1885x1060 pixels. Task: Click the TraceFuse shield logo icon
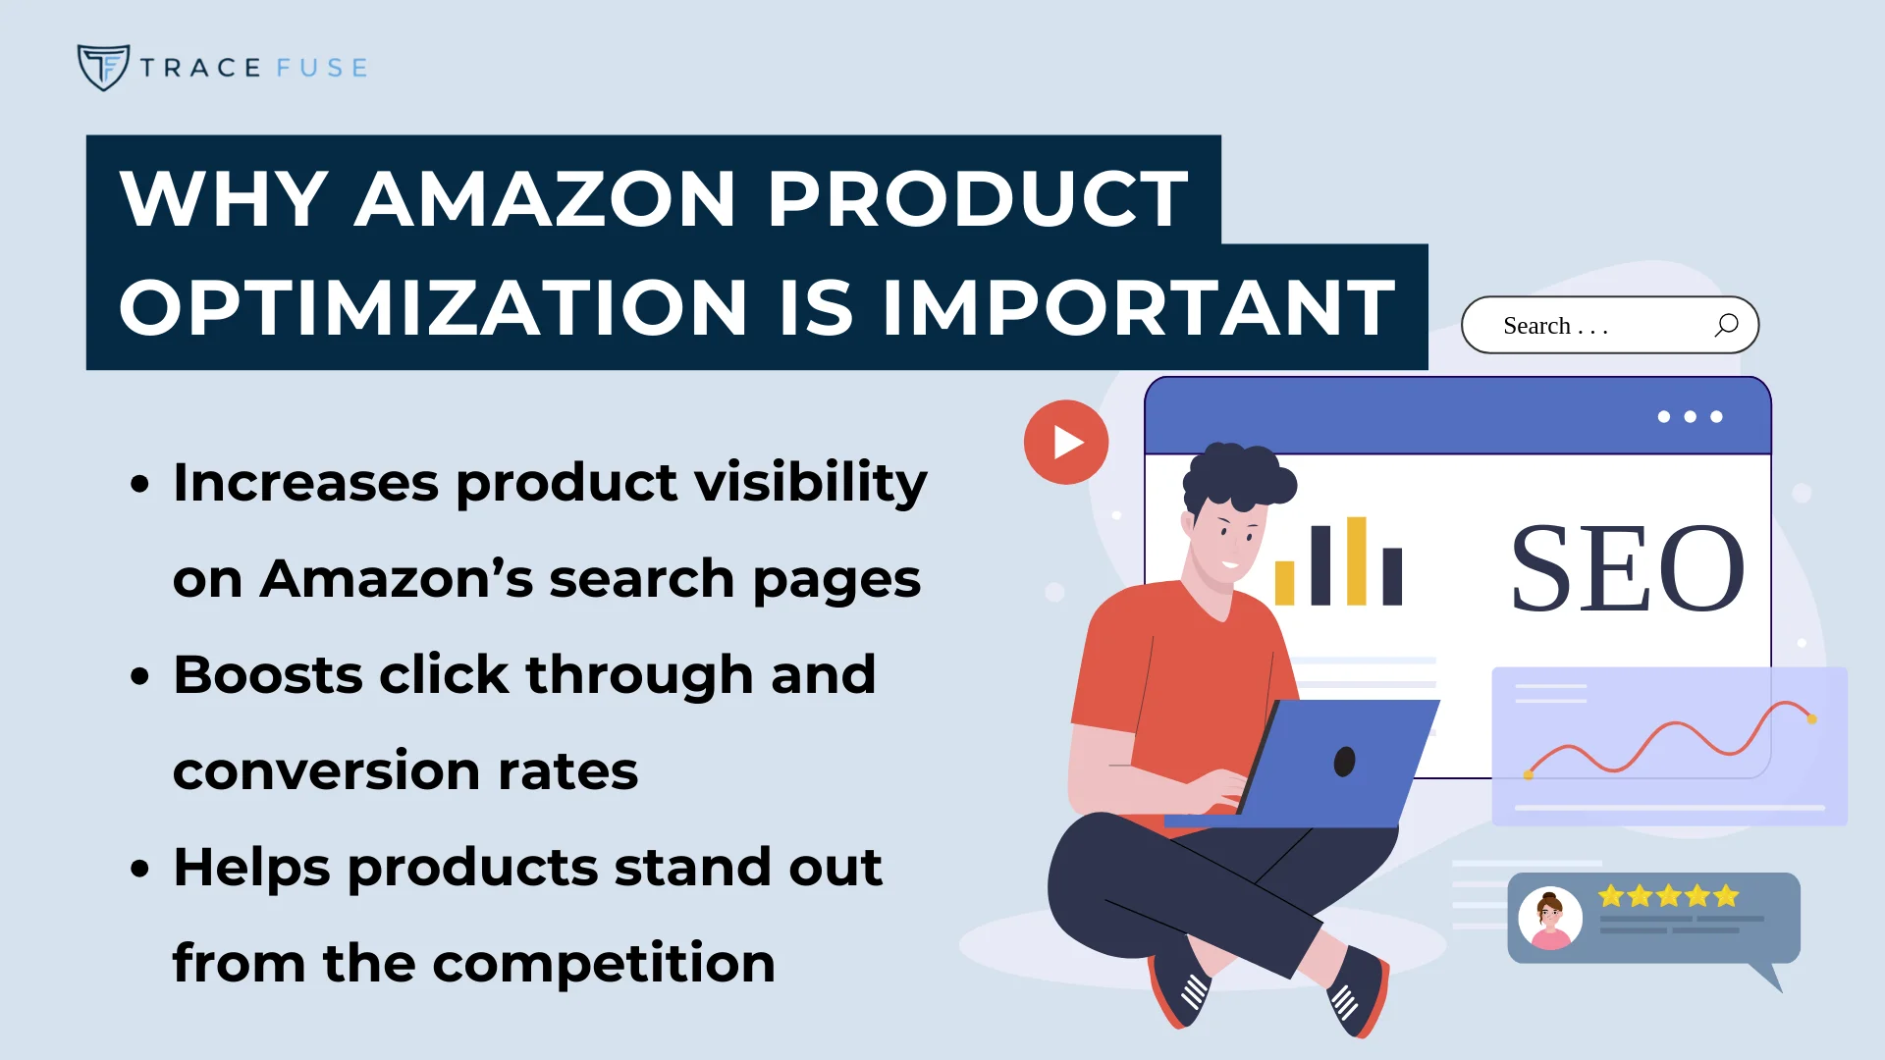pos(103,67)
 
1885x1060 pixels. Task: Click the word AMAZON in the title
pos(545,199)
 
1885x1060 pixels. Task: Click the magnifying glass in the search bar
pos(1726,325)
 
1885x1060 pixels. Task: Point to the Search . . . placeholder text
pos(1555,326)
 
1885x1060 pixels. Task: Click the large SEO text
pos(1627,568)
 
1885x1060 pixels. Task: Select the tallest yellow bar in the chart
pos(1356,560)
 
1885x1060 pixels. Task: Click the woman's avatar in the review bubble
pos(1550,919)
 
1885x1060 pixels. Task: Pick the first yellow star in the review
pos(1610,896)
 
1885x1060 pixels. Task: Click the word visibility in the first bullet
pos(810,482)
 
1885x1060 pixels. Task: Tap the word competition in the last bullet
pos(604,964)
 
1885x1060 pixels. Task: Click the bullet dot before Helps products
pos(140,869)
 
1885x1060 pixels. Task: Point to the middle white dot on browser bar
pos(1690,417)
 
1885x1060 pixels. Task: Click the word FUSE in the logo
pos(322,68)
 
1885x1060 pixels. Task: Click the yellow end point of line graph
pos(1811,719)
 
